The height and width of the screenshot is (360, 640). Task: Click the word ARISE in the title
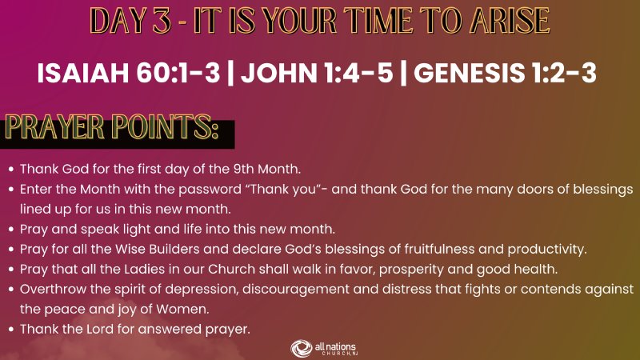tap(510, 20)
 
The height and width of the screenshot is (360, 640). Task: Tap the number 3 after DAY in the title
tap(162, 21)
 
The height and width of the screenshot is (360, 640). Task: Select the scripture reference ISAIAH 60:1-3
tap(129, 73)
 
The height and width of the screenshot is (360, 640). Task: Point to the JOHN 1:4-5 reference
tap(317, 73)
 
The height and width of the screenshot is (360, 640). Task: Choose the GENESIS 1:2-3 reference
tap(505, 73)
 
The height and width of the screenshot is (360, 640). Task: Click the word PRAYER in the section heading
tap(54, 127)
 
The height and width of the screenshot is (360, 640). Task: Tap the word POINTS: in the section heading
tap(165, 127)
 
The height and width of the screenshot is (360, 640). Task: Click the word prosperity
tap(411, 270)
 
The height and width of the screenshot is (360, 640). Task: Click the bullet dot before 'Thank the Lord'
tap(11, 330)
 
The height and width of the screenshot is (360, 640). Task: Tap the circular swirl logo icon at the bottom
tap(302, 348)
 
